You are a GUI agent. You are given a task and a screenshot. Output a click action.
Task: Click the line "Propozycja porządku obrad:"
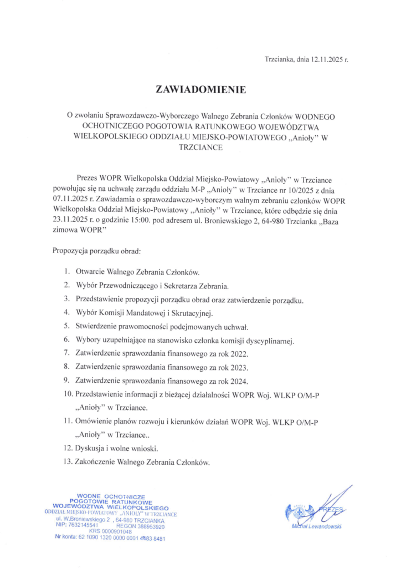point(97,250)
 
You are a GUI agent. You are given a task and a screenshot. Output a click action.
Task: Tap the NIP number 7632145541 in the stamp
point(83,524)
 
